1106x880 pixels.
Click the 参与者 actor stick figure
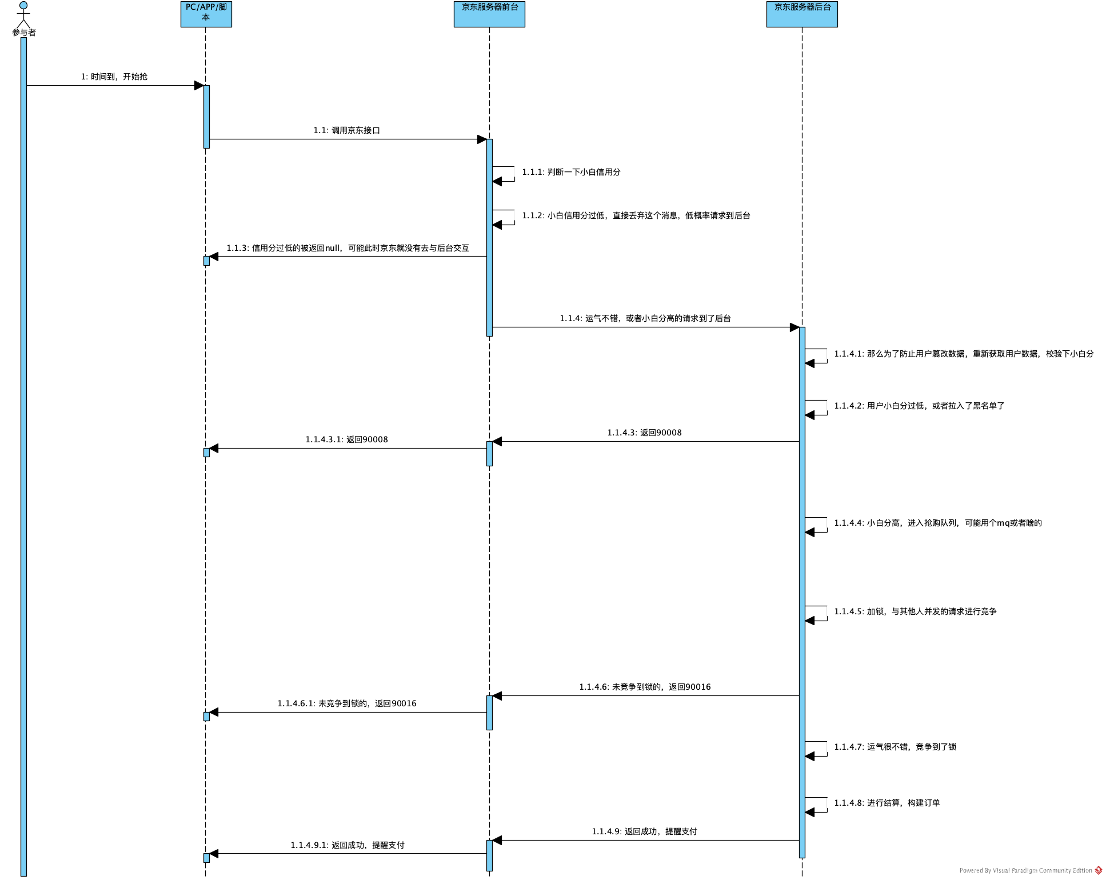(23, 14)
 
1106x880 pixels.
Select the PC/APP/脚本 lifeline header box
(206, 14)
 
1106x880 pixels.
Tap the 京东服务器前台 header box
(489, 14)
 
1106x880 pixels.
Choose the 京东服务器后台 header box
(802, 14)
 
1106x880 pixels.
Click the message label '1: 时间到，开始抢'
(114, 77)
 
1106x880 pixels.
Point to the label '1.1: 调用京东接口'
(347, 130)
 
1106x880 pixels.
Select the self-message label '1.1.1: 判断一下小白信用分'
(571, 172)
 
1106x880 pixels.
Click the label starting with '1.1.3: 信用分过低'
(348, 248)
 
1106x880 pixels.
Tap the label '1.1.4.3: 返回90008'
(644, 433)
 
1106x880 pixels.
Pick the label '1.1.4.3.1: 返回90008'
(346, 439)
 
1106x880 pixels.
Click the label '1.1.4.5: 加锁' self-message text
(915, 611)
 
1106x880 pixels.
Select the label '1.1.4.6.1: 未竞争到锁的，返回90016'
(347, 703)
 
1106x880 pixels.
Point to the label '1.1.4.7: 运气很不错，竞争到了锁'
(895, 747)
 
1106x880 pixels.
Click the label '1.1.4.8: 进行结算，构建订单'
(887, 803)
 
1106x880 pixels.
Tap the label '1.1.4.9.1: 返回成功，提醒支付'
(348, 845)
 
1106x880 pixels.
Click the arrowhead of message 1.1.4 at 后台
(794, 327)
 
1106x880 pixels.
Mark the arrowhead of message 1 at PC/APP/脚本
(199, 86)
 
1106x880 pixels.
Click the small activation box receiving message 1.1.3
(206, 261)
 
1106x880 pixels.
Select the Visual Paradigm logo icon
(1098, 870)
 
